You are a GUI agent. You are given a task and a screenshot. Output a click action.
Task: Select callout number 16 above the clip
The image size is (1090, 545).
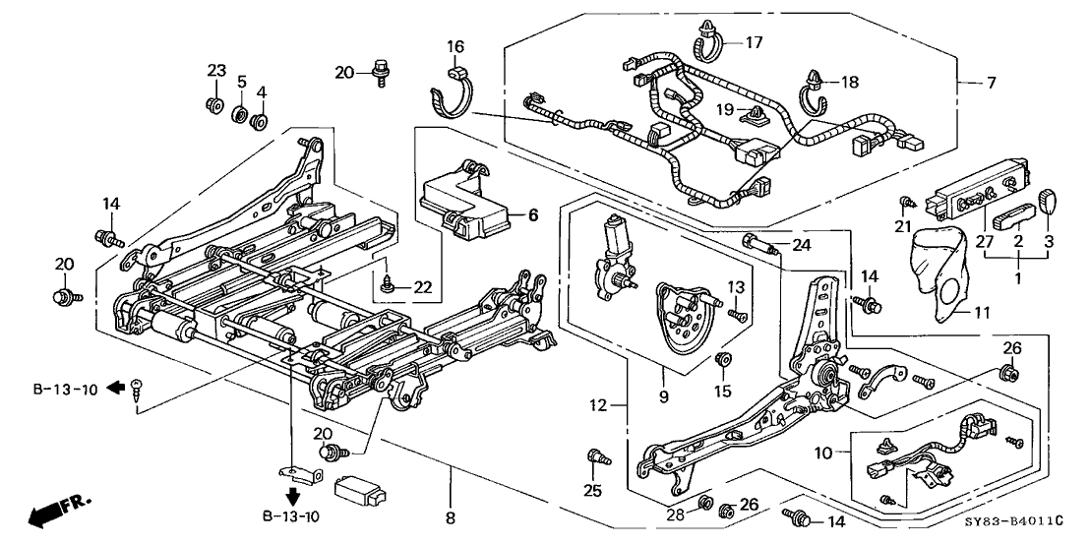point(454,46)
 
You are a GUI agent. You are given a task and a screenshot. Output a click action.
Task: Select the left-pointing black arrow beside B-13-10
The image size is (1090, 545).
point(115,388)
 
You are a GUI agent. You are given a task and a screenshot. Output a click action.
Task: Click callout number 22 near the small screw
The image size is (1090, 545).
point(423,286)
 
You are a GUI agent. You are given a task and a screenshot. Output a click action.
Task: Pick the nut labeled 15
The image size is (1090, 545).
point(723,358)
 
